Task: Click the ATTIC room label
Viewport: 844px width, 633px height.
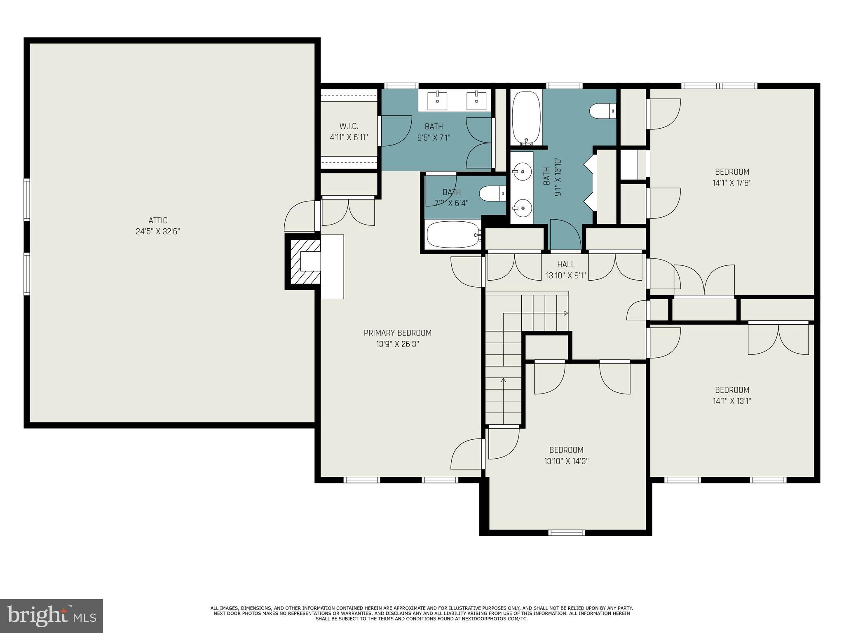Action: tap(158, 220)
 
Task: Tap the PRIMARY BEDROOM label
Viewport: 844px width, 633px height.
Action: tap(398, 333)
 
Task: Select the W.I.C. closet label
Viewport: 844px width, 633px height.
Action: tap(349, 126)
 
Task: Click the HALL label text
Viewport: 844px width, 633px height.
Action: tap(566, 265)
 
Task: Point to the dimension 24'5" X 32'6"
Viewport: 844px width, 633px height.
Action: tap(158, 232)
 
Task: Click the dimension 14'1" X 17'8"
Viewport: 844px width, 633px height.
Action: tap(732, 183)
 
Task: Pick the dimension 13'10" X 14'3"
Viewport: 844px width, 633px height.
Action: tap(566, 461)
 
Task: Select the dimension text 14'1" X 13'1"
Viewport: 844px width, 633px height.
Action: tap(732, 401)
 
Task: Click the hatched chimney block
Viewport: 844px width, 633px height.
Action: tap(305, 262)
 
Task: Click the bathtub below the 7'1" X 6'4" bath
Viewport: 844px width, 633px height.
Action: tap(454, 235)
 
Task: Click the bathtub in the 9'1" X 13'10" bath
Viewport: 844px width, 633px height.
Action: tap(526, 117)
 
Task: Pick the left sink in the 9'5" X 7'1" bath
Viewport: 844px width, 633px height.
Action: tap(437, 101)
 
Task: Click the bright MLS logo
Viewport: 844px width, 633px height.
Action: tap(51, 616)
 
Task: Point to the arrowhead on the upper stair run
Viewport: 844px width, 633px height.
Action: tap(566, 313)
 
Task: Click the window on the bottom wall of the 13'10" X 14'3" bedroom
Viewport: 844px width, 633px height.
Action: tap(566, 533)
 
